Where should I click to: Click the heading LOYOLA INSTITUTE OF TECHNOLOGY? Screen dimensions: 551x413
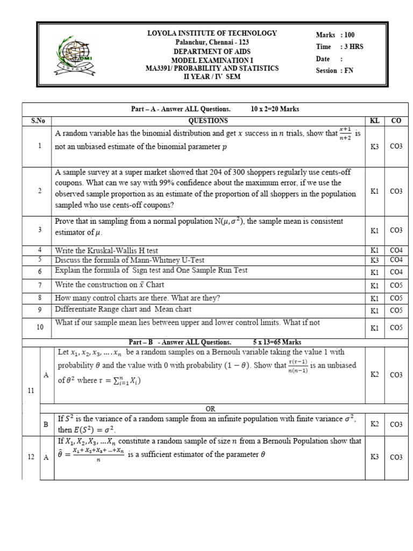coord(212,33)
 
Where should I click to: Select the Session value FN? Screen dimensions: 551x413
coord(349,70)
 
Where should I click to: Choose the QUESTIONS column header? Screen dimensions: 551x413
coord(208,121)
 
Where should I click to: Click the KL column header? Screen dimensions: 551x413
coord(375,121)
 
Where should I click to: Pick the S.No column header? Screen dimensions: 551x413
coord(37,121)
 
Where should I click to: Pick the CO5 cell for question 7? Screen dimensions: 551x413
coord(396,285)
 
